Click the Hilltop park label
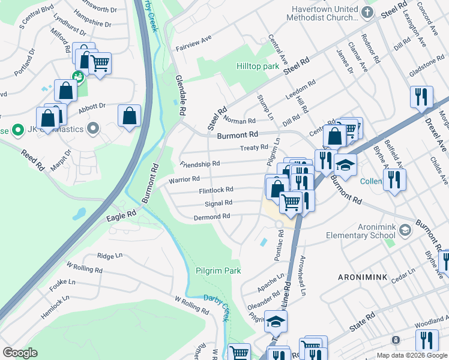258,67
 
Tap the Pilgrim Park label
218,271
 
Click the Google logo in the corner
20,353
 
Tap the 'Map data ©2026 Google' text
411,355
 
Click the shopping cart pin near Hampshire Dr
100,64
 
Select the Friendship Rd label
200,163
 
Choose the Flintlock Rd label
215,190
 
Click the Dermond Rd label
212,216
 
